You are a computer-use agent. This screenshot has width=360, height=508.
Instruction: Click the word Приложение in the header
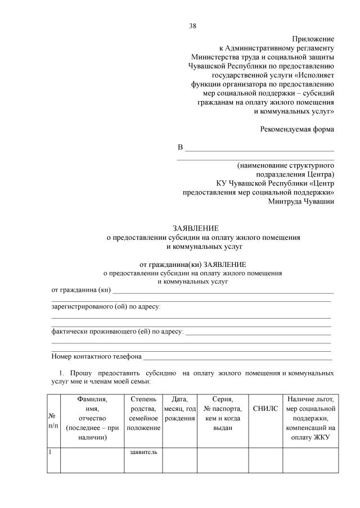(x=313, y=39)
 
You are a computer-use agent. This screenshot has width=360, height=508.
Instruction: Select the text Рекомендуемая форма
(x=297, y=129)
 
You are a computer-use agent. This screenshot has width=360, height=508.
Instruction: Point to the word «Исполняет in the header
(x=313, y=75)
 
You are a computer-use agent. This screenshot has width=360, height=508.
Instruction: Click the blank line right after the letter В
(x=259, y=149)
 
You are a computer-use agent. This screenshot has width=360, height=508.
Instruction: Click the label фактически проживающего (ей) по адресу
(x=117, y=332)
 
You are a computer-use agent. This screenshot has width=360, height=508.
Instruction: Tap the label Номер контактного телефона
(x=96, y=356)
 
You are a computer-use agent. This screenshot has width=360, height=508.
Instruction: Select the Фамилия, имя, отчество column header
(x=92, y=418)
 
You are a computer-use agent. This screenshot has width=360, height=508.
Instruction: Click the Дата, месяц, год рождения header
(x=179, y=409)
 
